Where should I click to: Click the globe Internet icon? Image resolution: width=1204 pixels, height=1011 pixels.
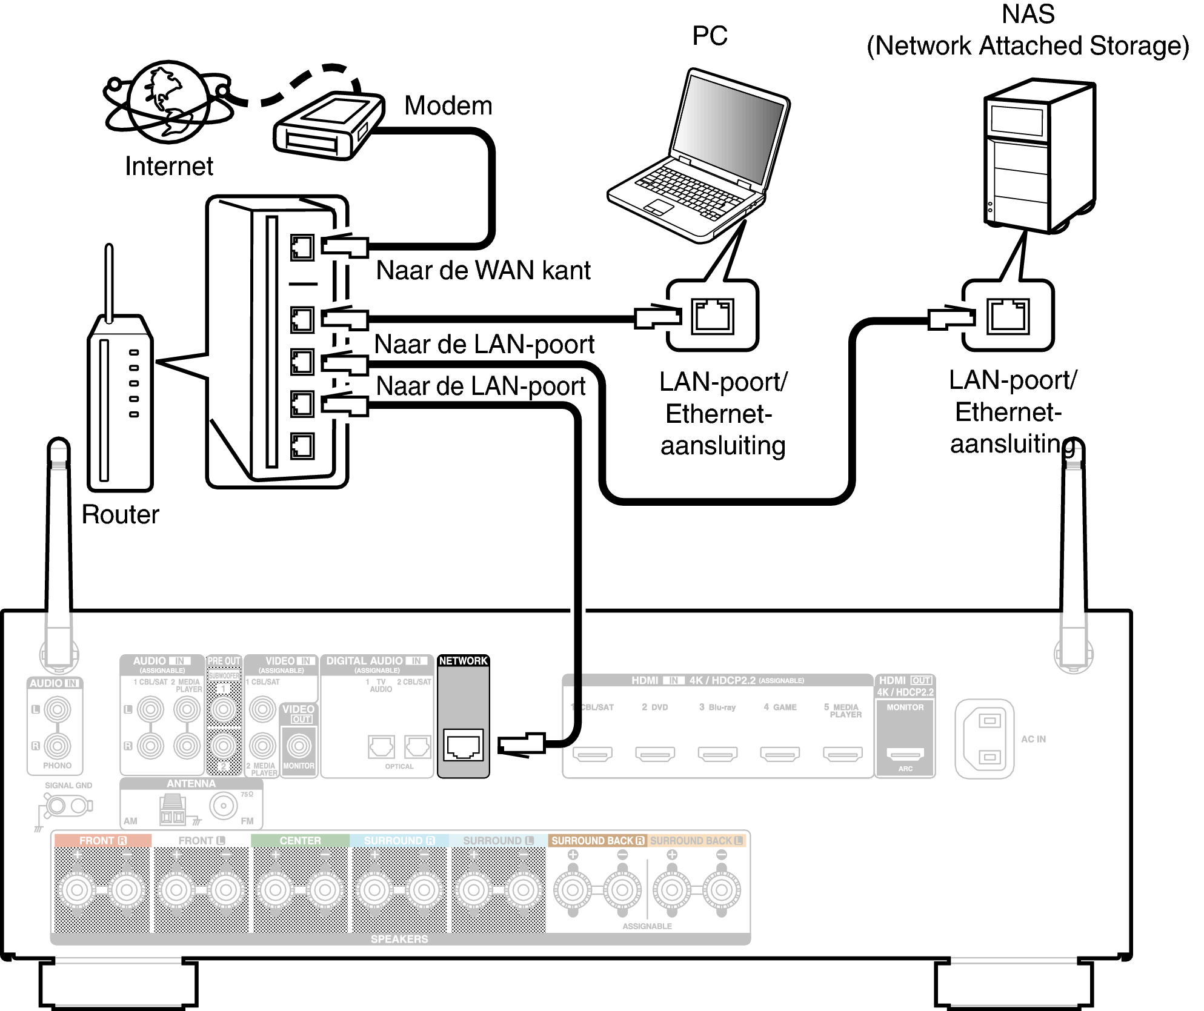tap(168, 101)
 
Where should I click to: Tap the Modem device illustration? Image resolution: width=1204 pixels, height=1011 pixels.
tap(329, 126)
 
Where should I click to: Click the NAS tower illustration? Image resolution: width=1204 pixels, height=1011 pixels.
tap(1039, 156)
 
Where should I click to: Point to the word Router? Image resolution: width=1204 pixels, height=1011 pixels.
tap(120, 515)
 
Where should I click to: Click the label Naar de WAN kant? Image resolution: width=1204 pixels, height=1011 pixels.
tap(483, 270)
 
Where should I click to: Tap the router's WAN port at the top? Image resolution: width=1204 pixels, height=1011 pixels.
tap(302, 247)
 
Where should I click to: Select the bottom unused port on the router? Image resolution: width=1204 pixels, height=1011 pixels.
tap(302, 446)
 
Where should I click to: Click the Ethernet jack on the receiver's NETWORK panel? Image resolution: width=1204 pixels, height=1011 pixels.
tap(464, 745)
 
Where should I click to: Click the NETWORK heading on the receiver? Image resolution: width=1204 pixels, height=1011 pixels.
tap(463, 661)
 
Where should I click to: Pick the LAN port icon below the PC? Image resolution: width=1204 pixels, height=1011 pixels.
tap(713, 316)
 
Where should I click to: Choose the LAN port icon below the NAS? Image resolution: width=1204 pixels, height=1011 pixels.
tap(1008, 316)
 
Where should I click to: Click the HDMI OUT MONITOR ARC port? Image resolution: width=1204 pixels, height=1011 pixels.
tap(905, 754)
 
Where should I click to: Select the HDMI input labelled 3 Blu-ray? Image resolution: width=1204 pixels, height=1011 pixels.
tap(717, 754)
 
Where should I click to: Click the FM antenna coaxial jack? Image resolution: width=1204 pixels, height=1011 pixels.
tap(224, 806)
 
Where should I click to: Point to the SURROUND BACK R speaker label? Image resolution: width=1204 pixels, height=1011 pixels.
tap(597, 841)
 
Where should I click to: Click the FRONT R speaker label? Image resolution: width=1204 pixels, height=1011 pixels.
tap(102, 841)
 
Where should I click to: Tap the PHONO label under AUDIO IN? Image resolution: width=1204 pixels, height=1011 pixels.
tap(57, 766)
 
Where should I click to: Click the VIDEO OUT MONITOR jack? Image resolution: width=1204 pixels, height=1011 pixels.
tap(299, 746)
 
